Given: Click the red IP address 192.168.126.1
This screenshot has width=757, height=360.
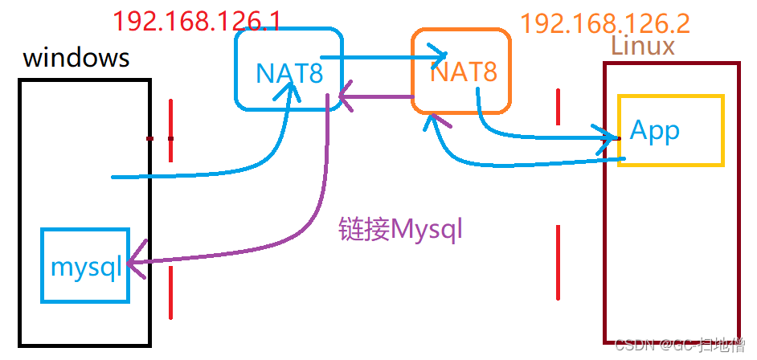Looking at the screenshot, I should [x=197, y=20].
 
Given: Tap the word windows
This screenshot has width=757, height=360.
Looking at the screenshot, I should [x=76, y=58].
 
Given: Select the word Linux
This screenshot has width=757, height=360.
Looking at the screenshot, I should [x=643, y=46].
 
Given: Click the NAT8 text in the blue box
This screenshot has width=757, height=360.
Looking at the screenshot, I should [x=288, y=74].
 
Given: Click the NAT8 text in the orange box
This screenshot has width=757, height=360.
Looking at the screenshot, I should [x=464, y=73].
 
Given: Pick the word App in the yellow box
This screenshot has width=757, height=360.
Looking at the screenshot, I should [x=655, y=130].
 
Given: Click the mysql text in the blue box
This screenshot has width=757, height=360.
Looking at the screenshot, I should [x=86, y=266].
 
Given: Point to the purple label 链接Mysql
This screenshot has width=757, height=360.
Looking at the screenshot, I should [x=401, y=231].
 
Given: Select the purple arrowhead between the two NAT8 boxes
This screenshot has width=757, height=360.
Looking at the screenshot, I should [x=346, y=99].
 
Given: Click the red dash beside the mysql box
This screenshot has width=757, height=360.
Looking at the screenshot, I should [x=170, y=292].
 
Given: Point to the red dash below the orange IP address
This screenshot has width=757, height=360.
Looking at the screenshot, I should [x=557, y=106].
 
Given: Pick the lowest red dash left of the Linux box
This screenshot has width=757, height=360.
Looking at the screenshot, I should [x=557, y=261].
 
